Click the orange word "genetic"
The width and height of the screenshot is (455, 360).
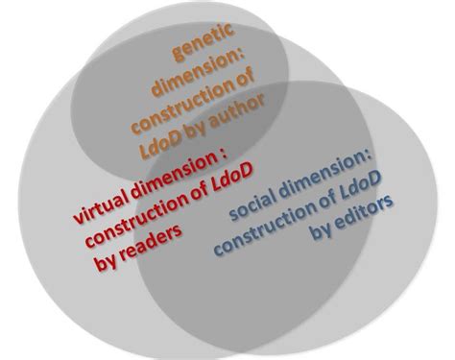[x=204, y=41]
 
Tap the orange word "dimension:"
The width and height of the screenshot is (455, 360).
[x=199, y=72]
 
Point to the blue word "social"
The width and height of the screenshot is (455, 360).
[x=253, y=204]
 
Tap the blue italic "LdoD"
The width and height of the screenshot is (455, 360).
[x=360, y=185]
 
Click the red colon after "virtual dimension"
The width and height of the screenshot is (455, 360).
[x=224, y=154]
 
